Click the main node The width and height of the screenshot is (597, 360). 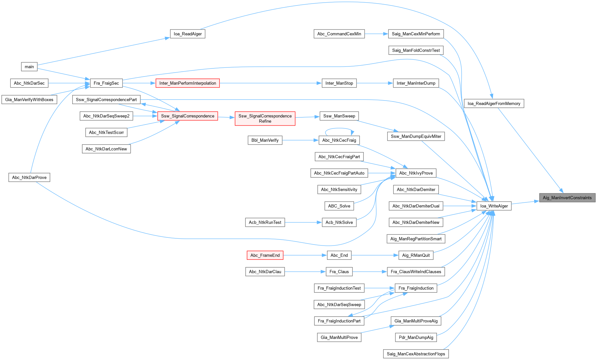[29, 67]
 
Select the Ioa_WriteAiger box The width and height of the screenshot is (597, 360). [494, 206]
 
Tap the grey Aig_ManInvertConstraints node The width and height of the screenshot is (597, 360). [567, 198]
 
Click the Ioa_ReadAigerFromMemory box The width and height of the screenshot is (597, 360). [494, 103]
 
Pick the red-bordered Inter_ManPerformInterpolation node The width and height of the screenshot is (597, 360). [188, 83]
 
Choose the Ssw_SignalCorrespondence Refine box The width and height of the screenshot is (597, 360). [265, 118]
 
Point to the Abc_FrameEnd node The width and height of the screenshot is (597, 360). [265, 255]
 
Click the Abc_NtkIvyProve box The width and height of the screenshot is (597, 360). [416, 173]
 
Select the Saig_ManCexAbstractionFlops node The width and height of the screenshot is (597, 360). [416, 354]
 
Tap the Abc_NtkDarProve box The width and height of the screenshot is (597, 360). [29, 177]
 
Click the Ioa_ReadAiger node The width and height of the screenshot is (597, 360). [188, 34]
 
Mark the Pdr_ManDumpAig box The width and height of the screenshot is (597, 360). [416, 337]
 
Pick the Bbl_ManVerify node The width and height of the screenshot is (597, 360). [265, 140]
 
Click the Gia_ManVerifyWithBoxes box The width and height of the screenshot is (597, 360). [29, 100]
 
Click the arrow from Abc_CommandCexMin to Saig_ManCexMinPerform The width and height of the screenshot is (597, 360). [376, 34]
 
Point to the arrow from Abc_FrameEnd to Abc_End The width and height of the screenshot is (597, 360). [305, 255]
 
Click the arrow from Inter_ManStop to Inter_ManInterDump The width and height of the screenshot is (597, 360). [375, 83]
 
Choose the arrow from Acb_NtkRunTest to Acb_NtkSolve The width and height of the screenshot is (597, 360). [303, 222]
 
